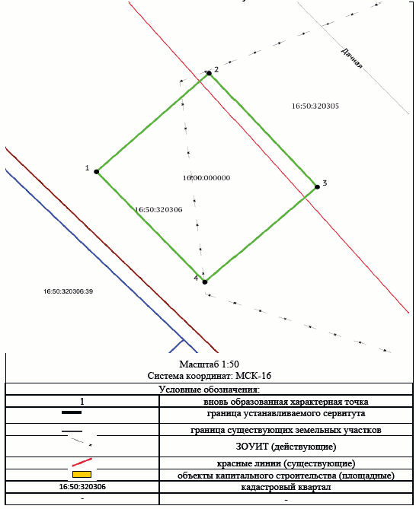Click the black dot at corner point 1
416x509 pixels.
(97, 172)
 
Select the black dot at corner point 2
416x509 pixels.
(209, 73)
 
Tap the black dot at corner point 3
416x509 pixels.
(317, 187)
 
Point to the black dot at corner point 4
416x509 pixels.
(205, 282)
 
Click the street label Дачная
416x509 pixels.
(351, 58)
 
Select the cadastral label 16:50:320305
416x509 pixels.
(315, 107)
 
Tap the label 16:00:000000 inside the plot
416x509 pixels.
(206, 178)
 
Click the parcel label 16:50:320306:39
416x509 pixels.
(69, 291)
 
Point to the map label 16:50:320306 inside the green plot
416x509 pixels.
(158, 210)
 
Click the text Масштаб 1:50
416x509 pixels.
(210, 364)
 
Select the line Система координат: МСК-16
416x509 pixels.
(210, 376)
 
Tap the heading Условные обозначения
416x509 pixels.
(210, 390)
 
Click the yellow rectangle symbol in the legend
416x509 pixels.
(82, 474)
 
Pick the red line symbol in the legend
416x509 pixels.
(82, 463)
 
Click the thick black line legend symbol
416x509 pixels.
(72, 412)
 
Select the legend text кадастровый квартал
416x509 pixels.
(286, 487)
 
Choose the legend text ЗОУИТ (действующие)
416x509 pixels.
(286, 447)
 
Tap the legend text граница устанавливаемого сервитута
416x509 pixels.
(286, 414)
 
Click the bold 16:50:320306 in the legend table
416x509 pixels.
(82, 487)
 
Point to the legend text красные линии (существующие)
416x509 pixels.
(286, 463)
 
